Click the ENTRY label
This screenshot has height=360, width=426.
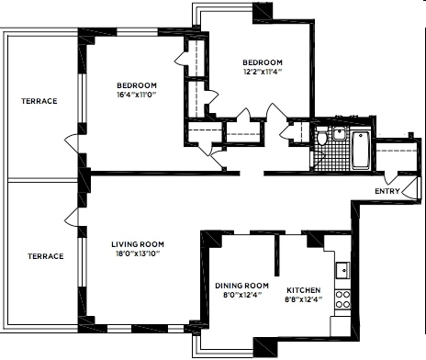[387, 191]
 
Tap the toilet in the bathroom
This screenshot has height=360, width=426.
[322, 139]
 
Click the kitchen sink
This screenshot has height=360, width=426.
[342, 270]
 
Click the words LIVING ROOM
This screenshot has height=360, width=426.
[137, 243]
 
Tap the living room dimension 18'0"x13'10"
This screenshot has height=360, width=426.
[137, 254]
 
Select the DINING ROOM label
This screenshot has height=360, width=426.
[241, 285]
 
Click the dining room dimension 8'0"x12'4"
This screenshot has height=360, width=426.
[241, 295]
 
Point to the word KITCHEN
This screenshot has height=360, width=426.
[303, 289]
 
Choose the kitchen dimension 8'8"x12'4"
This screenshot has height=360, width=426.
[303, 299]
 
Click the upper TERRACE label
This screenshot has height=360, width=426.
[39, 100]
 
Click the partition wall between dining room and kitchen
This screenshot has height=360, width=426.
[276, 252]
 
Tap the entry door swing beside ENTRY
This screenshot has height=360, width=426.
[392, 175]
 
